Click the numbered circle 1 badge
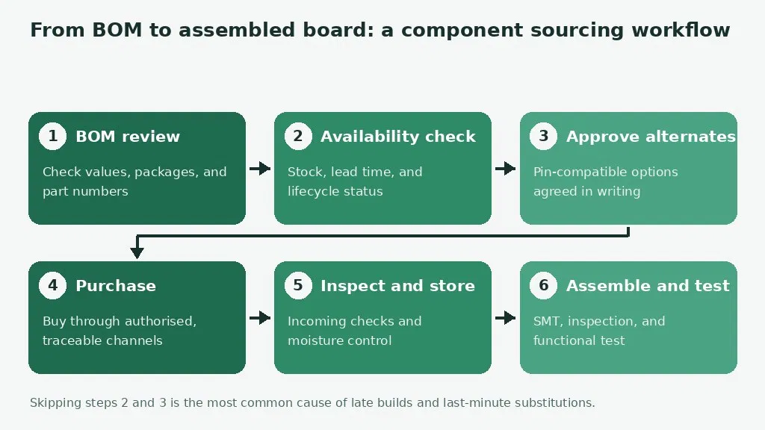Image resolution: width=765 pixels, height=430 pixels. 53,136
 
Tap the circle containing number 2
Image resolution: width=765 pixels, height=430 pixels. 298,136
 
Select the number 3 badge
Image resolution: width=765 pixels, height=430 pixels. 544,136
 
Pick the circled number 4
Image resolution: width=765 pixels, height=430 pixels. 53,285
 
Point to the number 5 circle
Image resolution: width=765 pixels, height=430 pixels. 298,285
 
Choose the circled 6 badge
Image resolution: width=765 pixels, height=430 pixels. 544,285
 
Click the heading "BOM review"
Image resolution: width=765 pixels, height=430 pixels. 128,137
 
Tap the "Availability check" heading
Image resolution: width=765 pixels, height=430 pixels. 398,137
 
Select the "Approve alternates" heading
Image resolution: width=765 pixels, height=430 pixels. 651,137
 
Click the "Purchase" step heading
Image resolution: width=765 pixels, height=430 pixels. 116,286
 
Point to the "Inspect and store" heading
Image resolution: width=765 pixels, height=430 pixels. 397,286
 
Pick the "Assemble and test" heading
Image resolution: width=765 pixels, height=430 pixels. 648,286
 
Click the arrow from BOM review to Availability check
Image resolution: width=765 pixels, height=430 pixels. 260,168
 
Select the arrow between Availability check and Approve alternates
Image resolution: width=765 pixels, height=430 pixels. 506,168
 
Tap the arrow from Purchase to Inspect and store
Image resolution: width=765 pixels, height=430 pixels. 260,318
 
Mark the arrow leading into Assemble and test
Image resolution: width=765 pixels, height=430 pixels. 506,318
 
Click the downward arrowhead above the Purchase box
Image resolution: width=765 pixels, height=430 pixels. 137,252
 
